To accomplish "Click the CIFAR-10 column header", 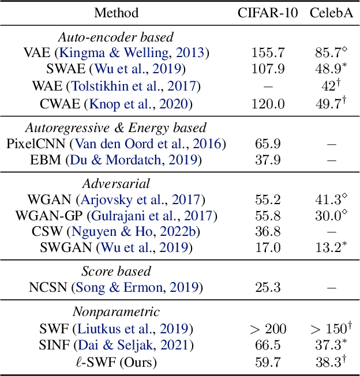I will (268, 13).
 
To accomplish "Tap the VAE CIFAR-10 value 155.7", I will (268, 53).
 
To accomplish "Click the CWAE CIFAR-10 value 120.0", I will (268, 104).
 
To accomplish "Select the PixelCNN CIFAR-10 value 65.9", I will (268, 144).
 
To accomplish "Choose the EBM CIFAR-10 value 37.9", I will (268, 160).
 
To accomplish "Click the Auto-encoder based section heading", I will (116, 37).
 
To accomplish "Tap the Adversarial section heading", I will (116, 184).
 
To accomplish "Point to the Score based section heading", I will (116, 271).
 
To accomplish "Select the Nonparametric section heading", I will (116, 312).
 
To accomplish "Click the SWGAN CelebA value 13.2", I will (329, 248).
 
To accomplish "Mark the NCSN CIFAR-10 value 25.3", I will (268, 287).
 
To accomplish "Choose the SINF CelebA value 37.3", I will (329, 346).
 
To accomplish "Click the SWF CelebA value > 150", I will (329, 330).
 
